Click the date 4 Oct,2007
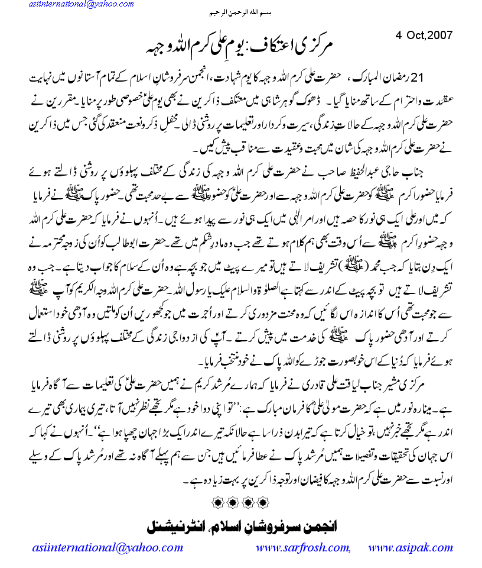point(424,34)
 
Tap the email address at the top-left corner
point(69,5)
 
